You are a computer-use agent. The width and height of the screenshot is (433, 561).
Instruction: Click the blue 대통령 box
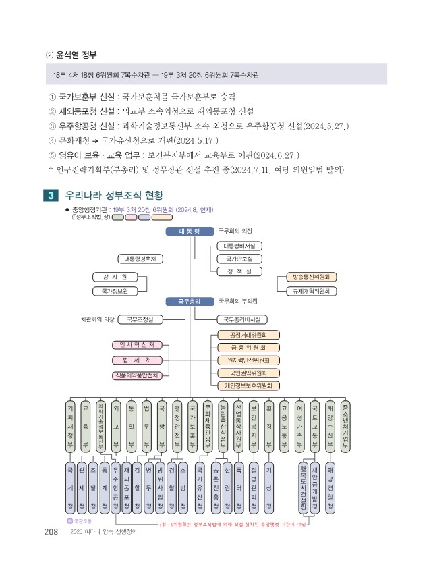190,232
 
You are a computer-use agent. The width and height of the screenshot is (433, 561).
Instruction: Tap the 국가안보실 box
239,259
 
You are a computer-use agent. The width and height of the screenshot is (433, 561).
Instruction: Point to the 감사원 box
115,277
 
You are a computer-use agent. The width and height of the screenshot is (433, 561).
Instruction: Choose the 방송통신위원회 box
312,277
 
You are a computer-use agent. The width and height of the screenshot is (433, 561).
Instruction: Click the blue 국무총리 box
190,301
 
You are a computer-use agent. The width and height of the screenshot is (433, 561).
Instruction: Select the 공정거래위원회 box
250,334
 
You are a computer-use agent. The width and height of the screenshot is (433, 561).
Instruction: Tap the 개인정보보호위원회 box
250,385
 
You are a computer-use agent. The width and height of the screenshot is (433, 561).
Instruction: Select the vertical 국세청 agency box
71,486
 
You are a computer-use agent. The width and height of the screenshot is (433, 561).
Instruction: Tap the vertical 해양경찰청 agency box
330,486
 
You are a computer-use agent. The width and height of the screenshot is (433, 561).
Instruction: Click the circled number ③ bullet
53,126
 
